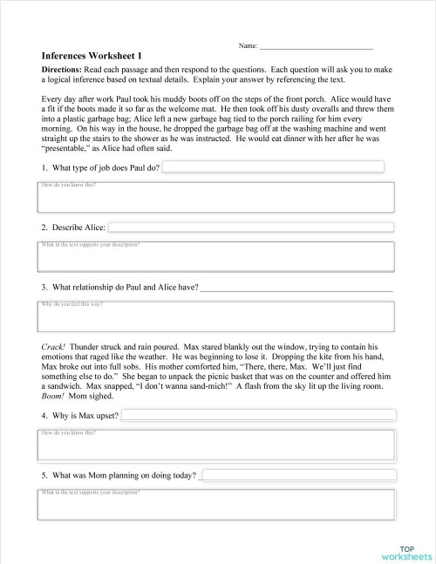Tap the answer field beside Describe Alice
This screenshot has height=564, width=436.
pyautogui.click(x=251, y=227)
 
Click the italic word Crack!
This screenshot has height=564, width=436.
pyautogui.click(x=52, y=346)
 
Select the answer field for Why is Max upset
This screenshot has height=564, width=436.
pyautogui.click(x=257, y=416)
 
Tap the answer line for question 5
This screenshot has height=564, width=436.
pyautogui.click(x=296, y=476)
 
